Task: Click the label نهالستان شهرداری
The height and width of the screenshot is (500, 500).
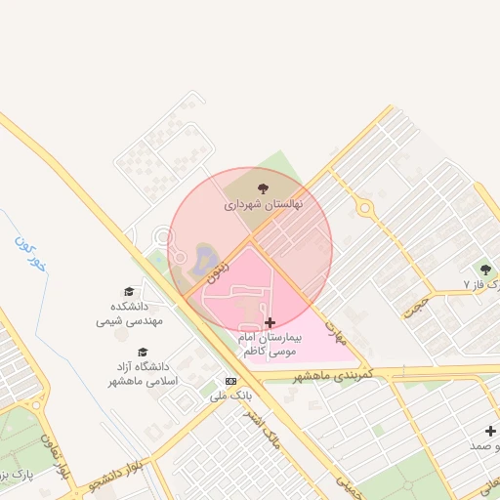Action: click(264, 205)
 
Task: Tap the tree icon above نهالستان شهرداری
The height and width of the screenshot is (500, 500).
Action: click(262, 188)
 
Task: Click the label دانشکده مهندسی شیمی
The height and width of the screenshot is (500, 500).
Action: click(129, 312)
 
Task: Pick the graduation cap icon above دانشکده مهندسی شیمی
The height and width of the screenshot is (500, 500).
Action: click(129, 291)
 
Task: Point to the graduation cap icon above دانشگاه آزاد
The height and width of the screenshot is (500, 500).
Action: click(143, 352)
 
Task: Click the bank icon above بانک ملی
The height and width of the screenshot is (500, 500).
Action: click(230, 381)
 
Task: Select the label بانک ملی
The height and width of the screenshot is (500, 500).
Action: click(231, 396)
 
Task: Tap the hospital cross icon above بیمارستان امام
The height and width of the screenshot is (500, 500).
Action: click(270, 322)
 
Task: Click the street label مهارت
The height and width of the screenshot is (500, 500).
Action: click(334, 328)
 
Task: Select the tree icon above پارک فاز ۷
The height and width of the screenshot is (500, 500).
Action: click(485, 269)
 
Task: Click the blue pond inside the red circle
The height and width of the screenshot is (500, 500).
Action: click(206, 260)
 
